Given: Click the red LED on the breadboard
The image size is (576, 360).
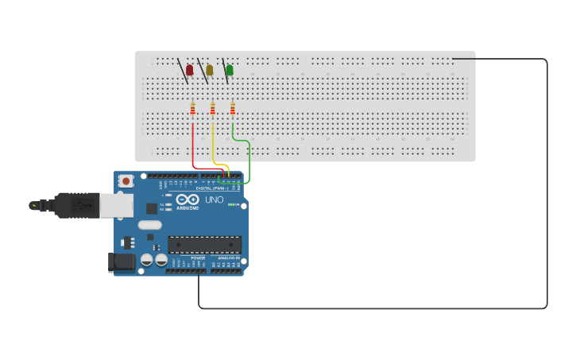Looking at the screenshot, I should tap(189, 70).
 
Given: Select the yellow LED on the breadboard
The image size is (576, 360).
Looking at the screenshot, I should tap(210, 70).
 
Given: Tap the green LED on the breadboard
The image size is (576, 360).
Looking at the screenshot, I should tap(230, 70).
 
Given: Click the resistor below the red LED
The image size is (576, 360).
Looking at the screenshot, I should tap(192, 109).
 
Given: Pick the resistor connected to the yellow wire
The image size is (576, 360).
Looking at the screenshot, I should tap(212, 109).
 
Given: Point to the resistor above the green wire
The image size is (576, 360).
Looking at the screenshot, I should tap(232, 109).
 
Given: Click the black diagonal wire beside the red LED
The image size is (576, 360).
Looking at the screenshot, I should tap(183, 70).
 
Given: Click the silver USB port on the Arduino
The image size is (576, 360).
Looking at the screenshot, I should tap(116, 205).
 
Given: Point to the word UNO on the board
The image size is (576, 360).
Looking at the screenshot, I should tap(215, 199).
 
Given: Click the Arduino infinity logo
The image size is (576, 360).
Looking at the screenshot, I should tap(188, 199).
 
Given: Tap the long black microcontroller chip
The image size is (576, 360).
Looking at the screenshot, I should tap(204, 244).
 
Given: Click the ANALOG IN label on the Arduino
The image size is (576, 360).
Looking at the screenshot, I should tap(228, 258).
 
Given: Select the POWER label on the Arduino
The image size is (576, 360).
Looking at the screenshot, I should tap(198, 258).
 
